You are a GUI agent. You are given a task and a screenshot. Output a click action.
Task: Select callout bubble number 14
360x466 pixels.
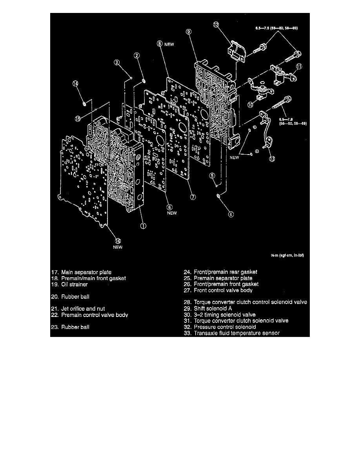point(75,84)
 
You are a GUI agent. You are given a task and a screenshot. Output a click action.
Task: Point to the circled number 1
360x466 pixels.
point(143,226)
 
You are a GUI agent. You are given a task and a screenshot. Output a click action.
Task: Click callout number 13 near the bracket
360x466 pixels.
point(271,158)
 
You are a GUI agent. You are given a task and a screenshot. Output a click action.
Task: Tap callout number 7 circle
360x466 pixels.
point(193,197)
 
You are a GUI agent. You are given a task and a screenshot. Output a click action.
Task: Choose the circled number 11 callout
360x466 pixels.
point(299,67)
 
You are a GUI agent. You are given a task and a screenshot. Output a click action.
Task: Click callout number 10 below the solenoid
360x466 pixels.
point(251,104)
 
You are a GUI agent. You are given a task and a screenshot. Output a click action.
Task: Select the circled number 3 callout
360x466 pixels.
point(117,62)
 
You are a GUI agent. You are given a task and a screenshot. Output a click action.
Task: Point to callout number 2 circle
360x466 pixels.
point(136,56)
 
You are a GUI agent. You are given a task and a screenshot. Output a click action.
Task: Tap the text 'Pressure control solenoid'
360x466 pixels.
point(225,327)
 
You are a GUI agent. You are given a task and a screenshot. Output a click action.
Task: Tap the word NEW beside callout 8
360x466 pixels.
point(169,45)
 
